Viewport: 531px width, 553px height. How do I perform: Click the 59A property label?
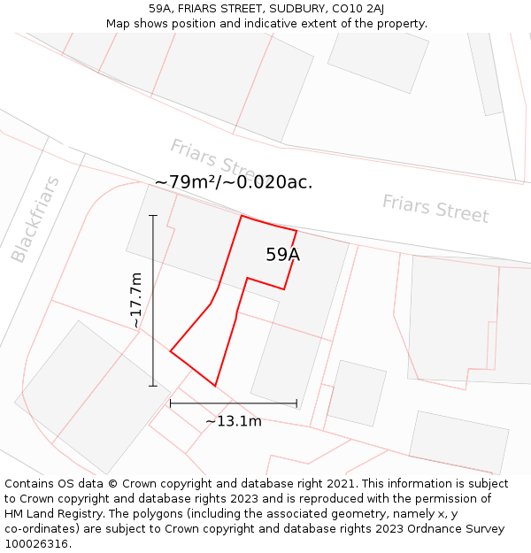click(x=282, y=255)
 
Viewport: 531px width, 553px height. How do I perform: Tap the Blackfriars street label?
click(x=35, y=219)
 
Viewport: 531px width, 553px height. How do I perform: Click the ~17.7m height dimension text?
click(x=135, y=301)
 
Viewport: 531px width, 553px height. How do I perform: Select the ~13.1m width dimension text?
click(x=234, y=421)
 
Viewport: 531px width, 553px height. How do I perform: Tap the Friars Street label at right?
click(x=435, y=209)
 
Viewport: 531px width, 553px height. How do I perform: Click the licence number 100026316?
click(x=38, y=543)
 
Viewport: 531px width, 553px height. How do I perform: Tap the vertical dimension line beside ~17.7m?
click(x=153, y=301)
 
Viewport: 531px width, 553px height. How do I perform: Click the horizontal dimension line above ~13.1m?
click(x=234, y=403)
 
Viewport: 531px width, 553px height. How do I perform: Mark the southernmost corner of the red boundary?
click(x=215, y=386)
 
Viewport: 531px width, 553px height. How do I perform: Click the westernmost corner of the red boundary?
click(x=170, y=351)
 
